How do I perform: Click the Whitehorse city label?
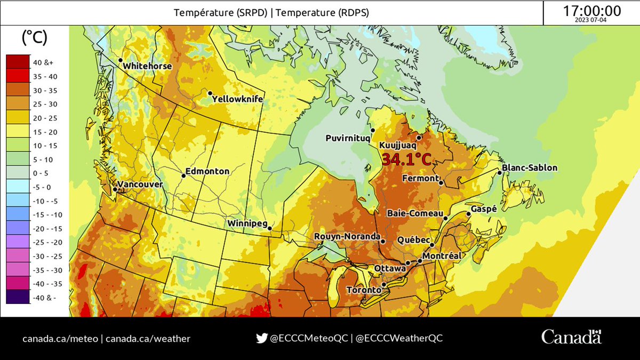tap(147, 66)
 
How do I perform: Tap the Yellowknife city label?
tap(237, 99)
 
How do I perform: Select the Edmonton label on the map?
tap(207, 172)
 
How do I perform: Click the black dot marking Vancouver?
tap(115, 189)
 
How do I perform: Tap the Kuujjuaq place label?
tap(397, 145)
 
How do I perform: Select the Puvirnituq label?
tap(347, 138)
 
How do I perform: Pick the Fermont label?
tap(421, 178)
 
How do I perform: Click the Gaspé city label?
tap(484, 209)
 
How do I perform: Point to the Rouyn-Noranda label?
tap(347, 236)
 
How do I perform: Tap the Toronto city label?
tap(364, 291)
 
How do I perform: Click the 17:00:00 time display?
tap(591, 11)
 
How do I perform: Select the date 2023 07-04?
tap(591, 20)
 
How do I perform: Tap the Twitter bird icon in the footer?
tap(261, 338)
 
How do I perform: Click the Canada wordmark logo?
tap(571, 337)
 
